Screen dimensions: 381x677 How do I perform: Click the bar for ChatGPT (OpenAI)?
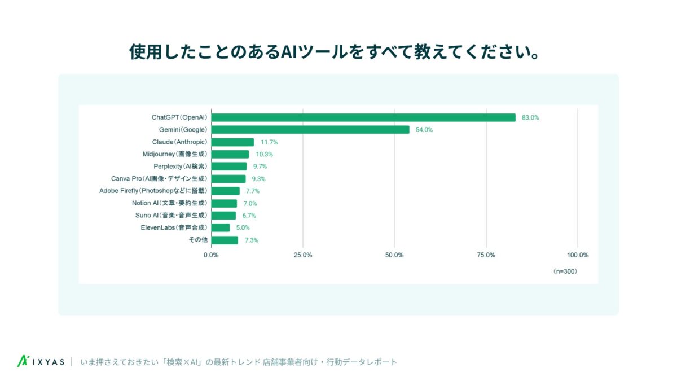tap(363, 117)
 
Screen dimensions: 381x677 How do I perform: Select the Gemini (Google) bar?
tap(310, 130)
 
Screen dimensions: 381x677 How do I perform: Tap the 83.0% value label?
tap(531, 117)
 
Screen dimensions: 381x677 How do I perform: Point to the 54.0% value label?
tap(424, 130)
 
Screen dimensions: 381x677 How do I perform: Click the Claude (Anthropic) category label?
tap(179, 142)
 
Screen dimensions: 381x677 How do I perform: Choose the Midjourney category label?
tap(175, 154)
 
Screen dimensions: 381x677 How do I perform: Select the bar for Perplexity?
tap(229, 167)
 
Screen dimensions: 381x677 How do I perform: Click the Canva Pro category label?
tap(159, 179)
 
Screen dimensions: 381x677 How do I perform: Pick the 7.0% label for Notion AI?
tap(250, 203)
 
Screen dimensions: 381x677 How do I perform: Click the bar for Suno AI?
tap(223, 216)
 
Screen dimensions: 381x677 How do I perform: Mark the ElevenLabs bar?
tap(221, 227)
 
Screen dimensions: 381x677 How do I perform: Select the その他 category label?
tap(197, 240)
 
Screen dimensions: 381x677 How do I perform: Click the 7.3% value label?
tap(252, 240)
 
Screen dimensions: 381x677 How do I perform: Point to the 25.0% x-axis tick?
tap(303, 255)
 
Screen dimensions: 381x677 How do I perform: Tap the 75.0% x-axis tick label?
tap(486, 255)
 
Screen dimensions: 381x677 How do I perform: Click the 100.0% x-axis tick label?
tap(578, 255)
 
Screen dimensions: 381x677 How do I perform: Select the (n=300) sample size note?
tap(565, 271)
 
